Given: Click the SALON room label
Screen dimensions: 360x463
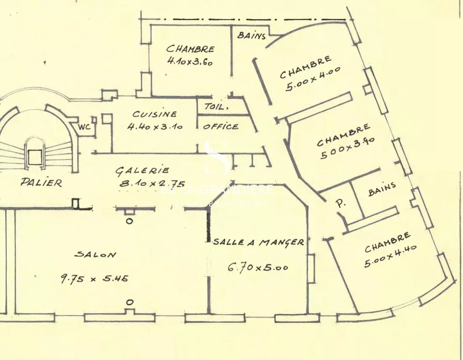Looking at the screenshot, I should tap(96, 254).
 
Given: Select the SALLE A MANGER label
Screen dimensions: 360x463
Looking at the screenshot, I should tap(258, 243).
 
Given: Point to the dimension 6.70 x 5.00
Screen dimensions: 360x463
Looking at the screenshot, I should tap(258, 267).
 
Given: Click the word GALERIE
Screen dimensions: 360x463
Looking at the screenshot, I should tap(143, 171).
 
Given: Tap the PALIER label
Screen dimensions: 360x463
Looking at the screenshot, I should tap(42, 183).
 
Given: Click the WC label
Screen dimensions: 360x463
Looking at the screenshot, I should tap(85, 126).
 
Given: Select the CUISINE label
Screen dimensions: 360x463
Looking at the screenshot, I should tap(155, 114).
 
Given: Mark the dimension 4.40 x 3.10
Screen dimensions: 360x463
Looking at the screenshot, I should tap(155, 126).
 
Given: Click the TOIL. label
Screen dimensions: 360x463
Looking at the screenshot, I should tap(216, 107).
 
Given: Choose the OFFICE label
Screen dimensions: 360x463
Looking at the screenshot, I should tap(221, 126).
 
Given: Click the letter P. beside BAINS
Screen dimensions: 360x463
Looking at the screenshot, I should tap(341, 203).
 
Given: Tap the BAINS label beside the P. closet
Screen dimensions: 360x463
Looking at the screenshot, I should tap(382, 189).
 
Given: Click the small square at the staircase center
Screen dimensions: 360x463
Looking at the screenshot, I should tap(34, 157).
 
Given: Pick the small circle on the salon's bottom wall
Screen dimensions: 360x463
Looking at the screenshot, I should tap(130, 302).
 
